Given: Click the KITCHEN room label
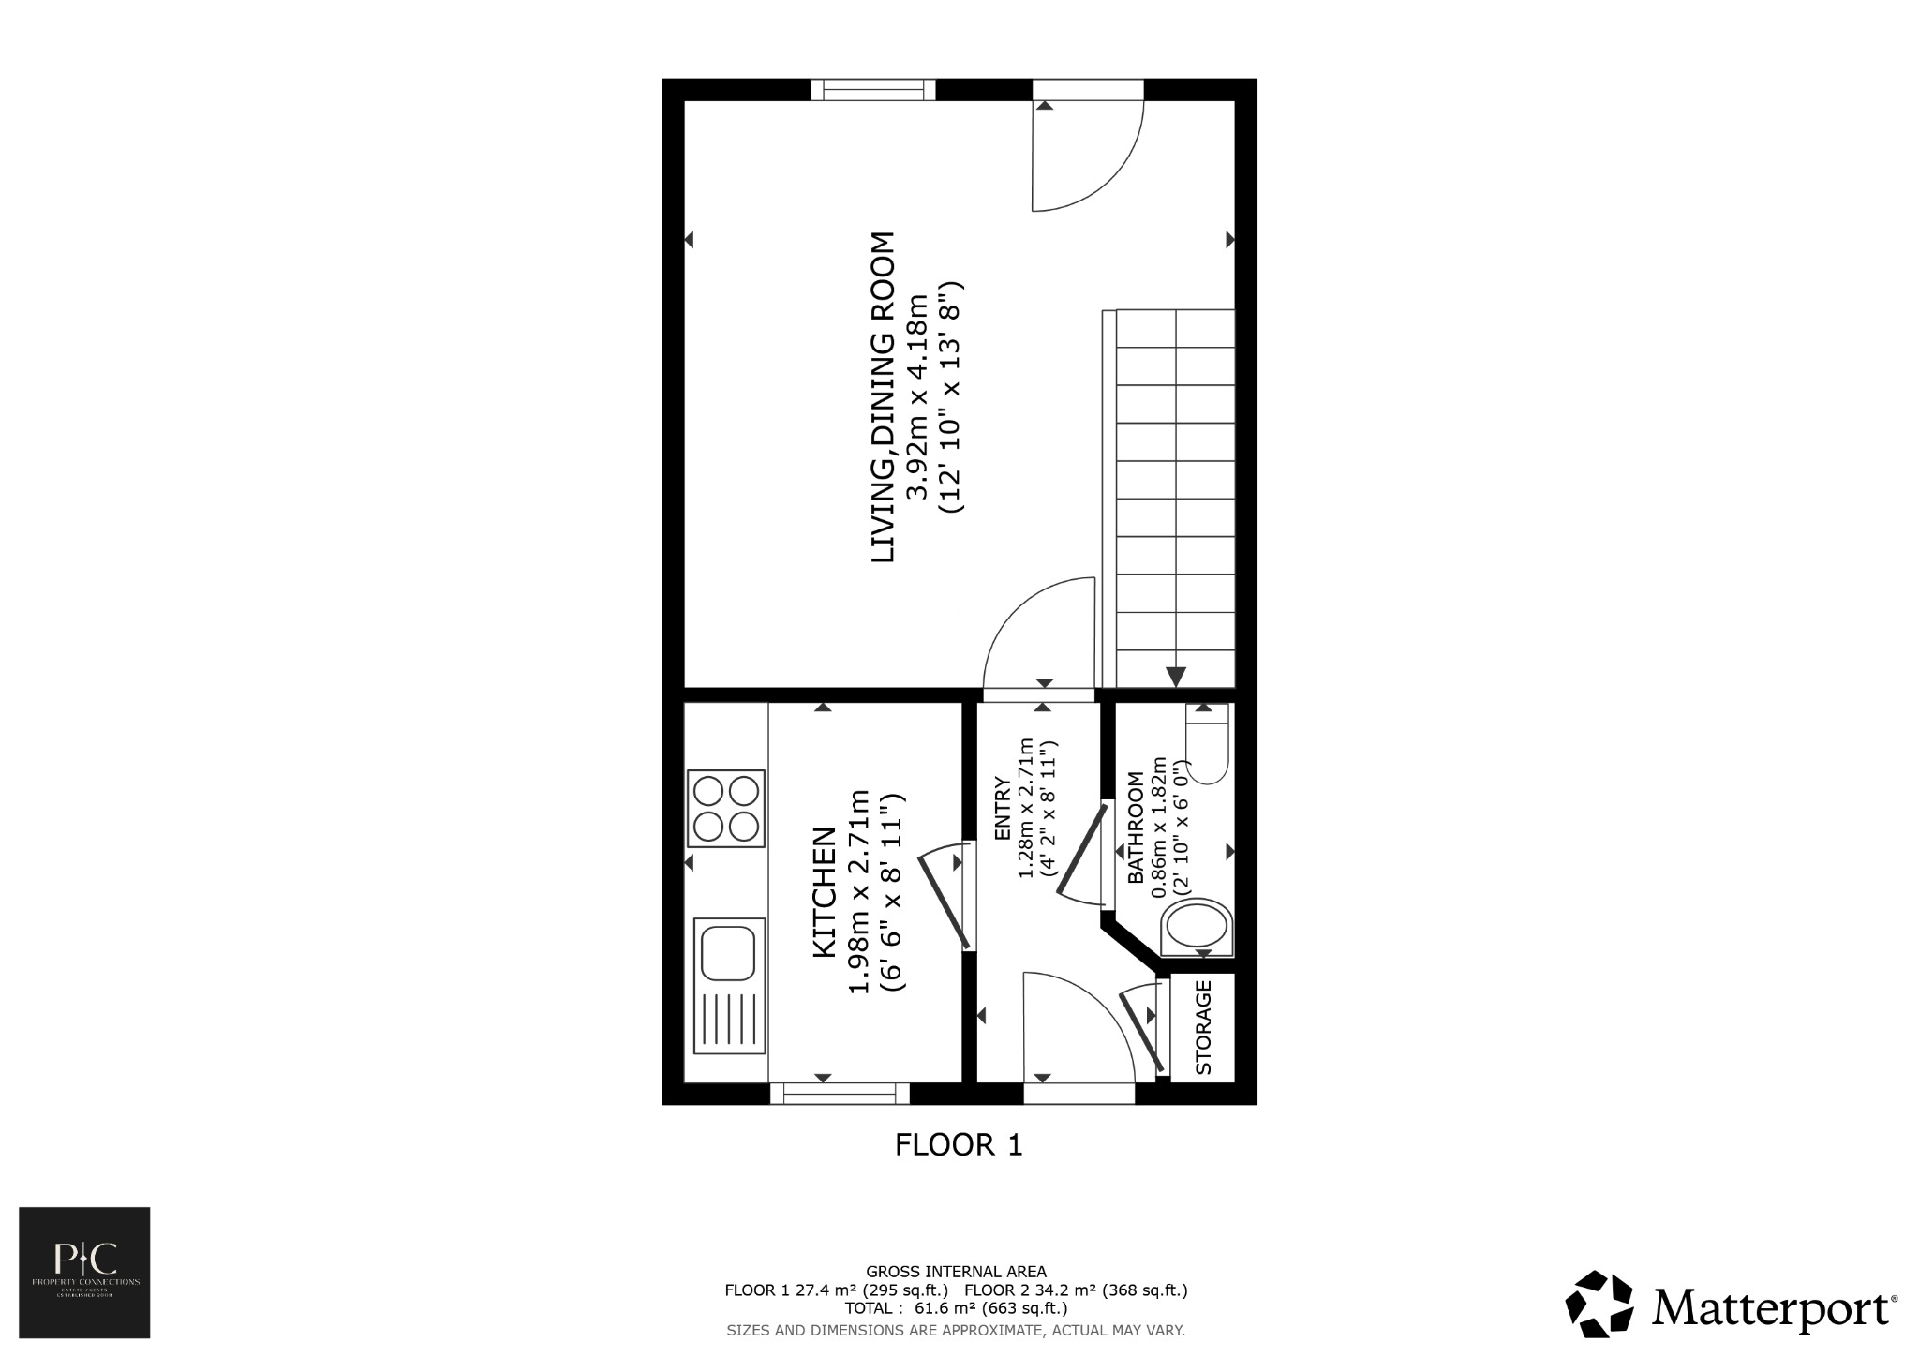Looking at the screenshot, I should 824,892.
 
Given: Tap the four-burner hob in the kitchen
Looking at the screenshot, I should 726,808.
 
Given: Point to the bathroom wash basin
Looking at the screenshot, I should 1197,928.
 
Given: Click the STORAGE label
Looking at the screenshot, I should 1204,1027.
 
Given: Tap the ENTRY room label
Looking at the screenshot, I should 1002,808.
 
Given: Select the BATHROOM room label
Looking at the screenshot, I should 1135,828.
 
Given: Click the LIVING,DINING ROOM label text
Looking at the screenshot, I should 884,397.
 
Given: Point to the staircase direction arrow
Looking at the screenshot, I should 1176,676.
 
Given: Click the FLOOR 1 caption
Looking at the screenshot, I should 959,1145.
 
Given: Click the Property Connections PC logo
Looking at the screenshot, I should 84,1272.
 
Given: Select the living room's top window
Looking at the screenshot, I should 873,90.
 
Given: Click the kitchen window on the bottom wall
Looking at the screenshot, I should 840,1094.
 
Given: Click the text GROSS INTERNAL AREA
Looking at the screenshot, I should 956,1272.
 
